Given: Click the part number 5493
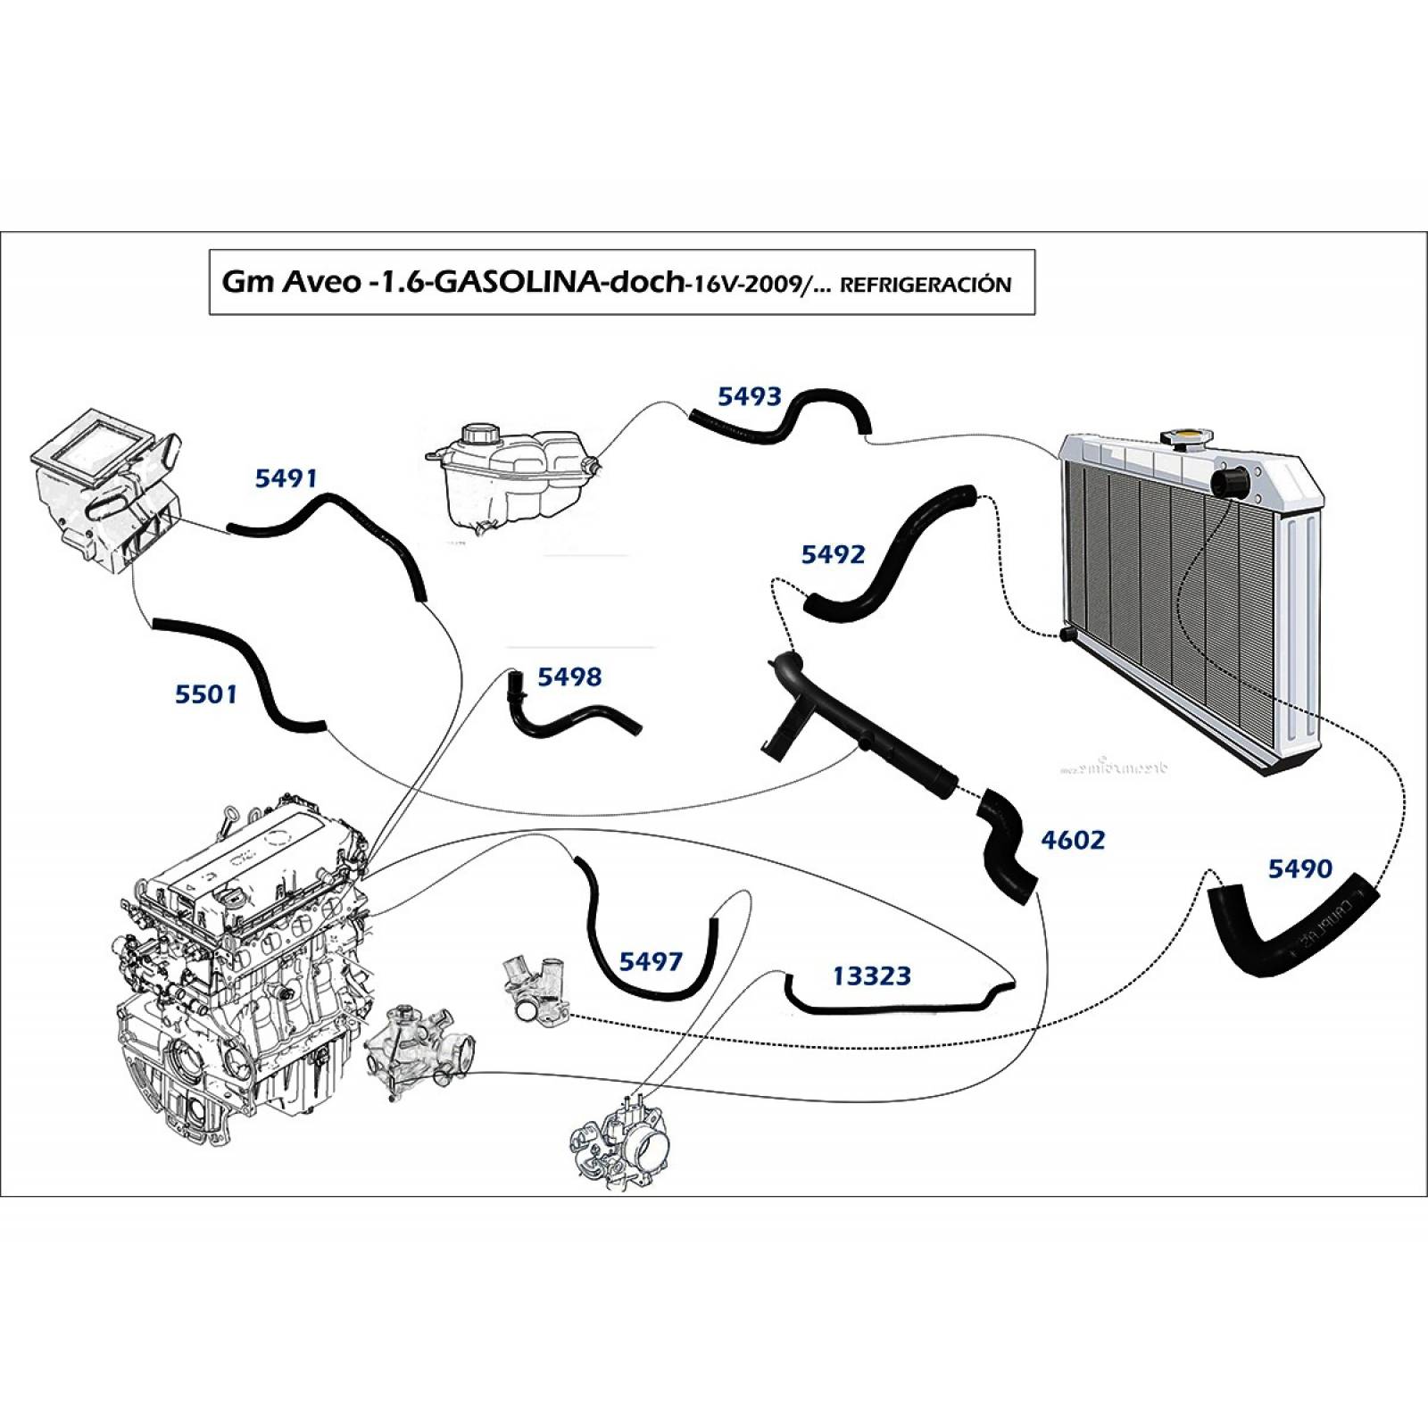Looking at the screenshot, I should [749, 396].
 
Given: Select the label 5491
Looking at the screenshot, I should [286, 478].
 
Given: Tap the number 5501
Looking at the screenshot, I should [205, 693].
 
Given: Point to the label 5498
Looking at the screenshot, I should [569, 677].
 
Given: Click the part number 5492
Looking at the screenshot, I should [833, 554].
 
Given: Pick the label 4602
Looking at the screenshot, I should [1073, 840].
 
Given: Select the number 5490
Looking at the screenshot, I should [1299, 868].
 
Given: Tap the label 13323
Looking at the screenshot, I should [871, 976].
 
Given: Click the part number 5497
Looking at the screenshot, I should [651, 961].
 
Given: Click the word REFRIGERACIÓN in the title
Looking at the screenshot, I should [926, 285].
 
